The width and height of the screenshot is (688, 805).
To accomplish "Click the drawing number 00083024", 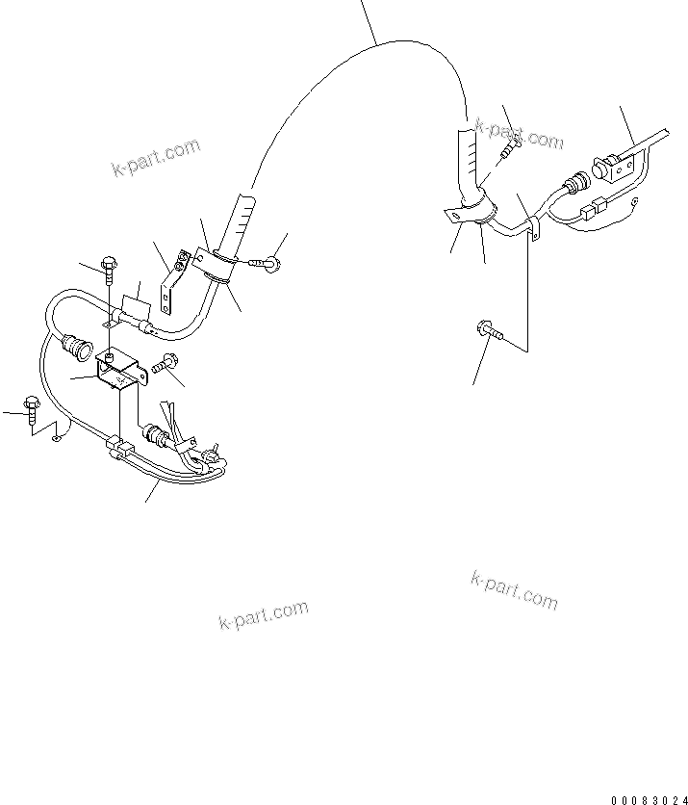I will click(649, 799).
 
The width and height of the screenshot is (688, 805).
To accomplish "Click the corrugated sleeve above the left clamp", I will click(240, 221).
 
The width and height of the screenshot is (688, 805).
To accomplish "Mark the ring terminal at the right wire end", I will click(636, 200).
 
